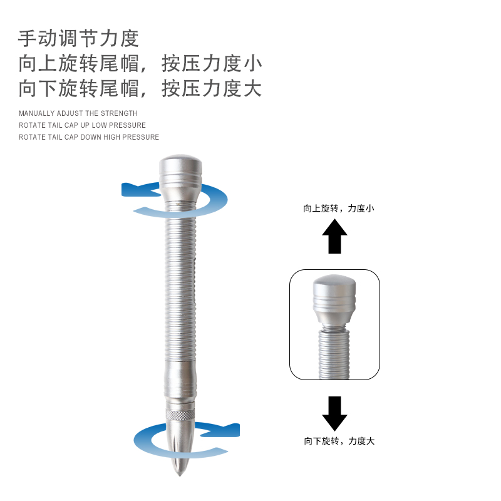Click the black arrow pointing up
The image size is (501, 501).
click(x=334, y=237)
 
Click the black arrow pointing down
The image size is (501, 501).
click(x=334, y=414)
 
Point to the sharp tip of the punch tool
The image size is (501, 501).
click(x=180, y=475)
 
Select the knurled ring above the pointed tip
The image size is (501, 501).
click(x=180, y=415)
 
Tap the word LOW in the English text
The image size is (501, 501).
click(x=99, y=125)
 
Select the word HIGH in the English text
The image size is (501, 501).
click(x=111, y=137)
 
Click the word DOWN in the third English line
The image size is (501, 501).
click(x=91, y=137)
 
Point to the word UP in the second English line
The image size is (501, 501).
click(x=85, y=125)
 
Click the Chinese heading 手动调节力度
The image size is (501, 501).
click(x=78, y=38)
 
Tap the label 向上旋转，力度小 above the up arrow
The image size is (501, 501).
click(x=339, y=209)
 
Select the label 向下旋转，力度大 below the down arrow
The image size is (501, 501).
click(x=339, y=441)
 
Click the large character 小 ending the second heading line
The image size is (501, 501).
click(x=253, y=63)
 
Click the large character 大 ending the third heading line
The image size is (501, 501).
click(x=253, y=88)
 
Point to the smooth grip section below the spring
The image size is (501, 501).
click(x=180, y=380)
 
